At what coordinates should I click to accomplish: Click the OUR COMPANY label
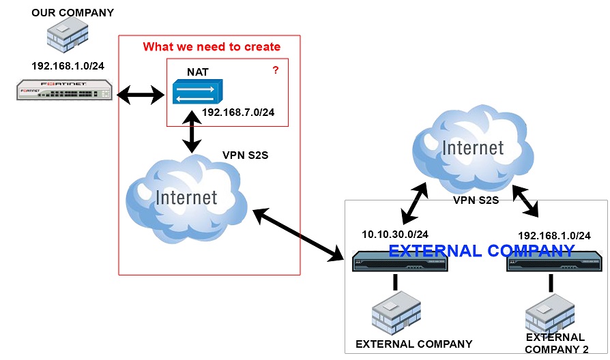coord(73,12)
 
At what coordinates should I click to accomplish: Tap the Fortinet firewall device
coord(65,91)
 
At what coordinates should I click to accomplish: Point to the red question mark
coord(276,70)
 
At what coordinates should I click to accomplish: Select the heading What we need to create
coord(212,47)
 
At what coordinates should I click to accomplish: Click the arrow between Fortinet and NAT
coord(141,95)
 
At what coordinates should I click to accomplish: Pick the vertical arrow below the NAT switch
coord(194,133)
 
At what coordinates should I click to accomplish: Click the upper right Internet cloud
coord(473,148)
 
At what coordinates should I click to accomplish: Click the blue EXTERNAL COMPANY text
coord(481,251)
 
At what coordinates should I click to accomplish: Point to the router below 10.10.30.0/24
coord(400,262)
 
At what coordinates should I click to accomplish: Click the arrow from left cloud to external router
coord(299,235)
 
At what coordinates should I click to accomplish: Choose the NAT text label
coord(198,72)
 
